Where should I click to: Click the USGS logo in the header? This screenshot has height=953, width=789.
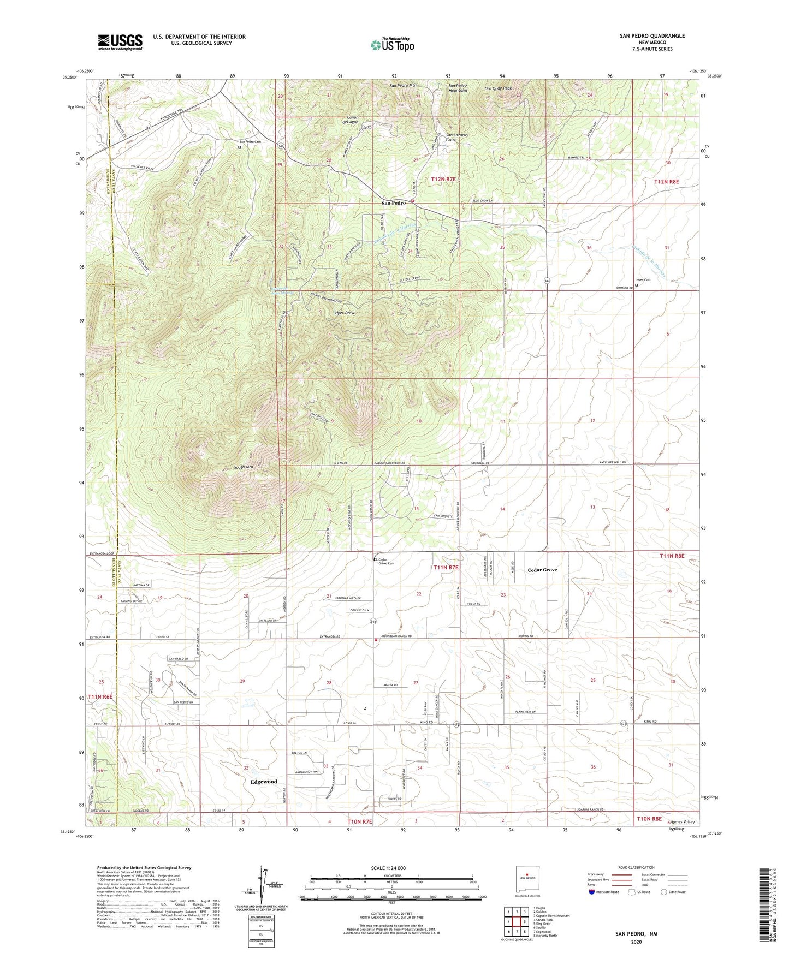coord(120,42)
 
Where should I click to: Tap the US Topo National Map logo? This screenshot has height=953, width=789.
coord(392,45)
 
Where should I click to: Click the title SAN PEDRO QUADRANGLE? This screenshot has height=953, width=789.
coord(652,36)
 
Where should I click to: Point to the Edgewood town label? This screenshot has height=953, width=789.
coord(264,782)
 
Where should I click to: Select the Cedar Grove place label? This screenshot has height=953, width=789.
coord(542,570)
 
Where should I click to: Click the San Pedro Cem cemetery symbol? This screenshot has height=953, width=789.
coord(240,146)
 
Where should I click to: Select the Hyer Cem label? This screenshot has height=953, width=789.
coord(643,280)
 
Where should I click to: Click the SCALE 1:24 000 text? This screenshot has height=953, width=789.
coord(391,868)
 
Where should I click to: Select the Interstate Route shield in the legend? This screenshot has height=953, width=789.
coord(592,892)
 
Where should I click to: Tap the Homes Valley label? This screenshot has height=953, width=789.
coord(681,822)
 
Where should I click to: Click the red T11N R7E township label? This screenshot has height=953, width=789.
coord(446,568)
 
